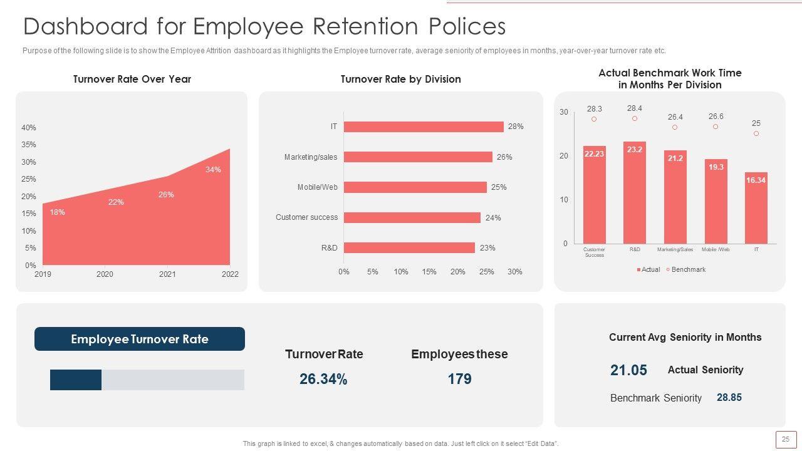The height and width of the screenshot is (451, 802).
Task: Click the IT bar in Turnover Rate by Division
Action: [x=424, y=127]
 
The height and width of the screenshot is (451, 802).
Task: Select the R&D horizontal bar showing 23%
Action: [x=409, y=248]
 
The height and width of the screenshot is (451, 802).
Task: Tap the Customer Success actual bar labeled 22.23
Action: [x=594, y=195]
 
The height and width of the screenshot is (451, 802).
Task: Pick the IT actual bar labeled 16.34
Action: [x=756, y=208]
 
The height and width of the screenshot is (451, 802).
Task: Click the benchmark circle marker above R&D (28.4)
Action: [x=635, y=118]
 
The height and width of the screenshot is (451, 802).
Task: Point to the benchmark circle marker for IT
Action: [x=756, y=133]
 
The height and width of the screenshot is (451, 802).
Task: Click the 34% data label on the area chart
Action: [x=213, y=170]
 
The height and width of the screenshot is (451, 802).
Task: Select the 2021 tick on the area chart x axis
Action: [x=167, y=274]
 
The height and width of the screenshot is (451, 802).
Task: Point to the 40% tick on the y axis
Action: [x=29, y=128]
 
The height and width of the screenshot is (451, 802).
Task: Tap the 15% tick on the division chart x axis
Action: [x=429, y=272]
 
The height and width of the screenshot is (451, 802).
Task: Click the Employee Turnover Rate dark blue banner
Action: [x=139, y=339]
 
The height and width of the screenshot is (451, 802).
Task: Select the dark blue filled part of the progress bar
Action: [x=76, y=380]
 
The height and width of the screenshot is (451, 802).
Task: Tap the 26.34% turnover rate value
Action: [x=323, y=379]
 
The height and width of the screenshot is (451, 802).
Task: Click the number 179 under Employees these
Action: [x=459, y=379]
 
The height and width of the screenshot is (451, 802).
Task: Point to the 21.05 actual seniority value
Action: [x=628, y=370]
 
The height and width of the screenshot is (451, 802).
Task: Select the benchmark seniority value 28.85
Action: [x=729, y=398]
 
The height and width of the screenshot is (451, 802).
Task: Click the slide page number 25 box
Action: [x=786, y=440]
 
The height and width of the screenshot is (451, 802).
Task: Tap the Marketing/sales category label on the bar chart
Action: [x=310, y=157]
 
